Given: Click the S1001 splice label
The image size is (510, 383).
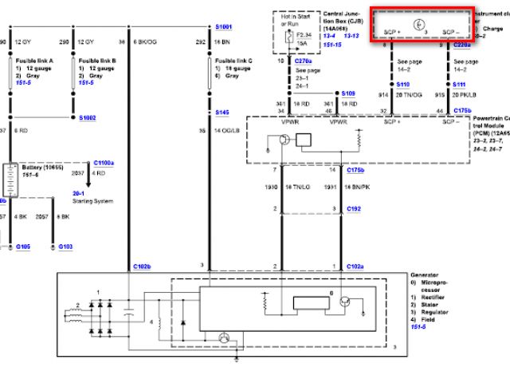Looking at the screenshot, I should (x=224, y=26).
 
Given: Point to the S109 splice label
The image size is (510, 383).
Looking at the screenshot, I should (x=349, y=93).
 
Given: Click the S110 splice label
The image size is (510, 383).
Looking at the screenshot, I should (x=404, y=85).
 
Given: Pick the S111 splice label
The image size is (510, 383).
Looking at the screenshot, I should (x=460, y=85).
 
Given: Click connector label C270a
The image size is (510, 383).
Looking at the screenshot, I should (x=304, y=60).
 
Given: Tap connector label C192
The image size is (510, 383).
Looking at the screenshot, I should (x=355, y=207).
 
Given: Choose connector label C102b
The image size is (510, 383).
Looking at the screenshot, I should (x=141, y=265).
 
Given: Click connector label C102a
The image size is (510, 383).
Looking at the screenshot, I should (x=355, y=265).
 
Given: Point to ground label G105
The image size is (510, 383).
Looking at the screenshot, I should (x=23, y=247).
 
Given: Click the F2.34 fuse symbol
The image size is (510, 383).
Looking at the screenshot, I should (x=288, y=34).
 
